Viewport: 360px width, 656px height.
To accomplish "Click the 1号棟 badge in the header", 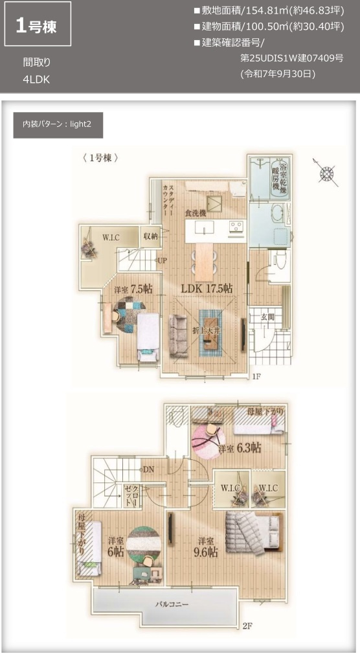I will pyautogui.click(x=38, y=27).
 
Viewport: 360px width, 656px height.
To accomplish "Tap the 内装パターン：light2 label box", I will pyautogui.click(x=58, y=124).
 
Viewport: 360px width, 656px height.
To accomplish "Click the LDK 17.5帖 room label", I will pyautogui.click(x=207, y=288).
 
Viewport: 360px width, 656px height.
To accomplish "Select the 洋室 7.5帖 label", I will pyautogui.click(x=133, y=288).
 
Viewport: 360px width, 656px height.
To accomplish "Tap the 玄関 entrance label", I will pyautogui.click(x=267, y=317).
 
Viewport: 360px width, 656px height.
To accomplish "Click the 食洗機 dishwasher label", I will pyautogui.click(x=194, y=213).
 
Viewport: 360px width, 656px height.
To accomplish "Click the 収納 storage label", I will pyautogui.click(x=151, y=237).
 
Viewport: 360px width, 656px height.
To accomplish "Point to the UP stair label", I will pyautogui.click(x=162, y=261).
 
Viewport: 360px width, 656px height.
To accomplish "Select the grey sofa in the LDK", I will pyautogui.click(x=178, y=333).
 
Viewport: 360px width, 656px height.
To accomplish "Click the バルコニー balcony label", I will pyautogui.click(x=171, y=604).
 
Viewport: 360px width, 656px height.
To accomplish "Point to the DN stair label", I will pyautogui.click(x=148, y=469).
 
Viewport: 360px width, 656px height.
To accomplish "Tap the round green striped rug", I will pyautogui.click(x=142, y=543).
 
